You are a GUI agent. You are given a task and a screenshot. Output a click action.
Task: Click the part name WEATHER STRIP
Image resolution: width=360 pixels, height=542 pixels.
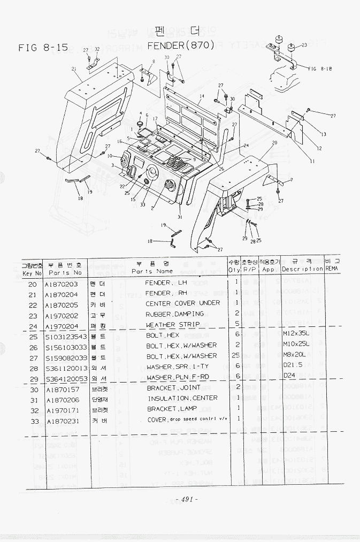click(173, 325)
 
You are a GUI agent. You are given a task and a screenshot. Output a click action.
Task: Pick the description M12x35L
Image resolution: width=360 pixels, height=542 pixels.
click(296, 335)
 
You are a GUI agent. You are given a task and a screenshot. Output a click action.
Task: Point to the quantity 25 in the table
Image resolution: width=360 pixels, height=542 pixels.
click(236, 356)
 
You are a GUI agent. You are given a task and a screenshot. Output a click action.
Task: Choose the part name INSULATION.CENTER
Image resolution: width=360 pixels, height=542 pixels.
click(182, 398)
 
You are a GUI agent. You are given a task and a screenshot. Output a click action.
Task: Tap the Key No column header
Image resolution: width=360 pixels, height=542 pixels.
click(32, 272)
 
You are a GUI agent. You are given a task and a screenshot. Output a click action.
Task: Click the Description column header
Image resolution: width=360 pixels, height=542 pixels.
click(302, 269)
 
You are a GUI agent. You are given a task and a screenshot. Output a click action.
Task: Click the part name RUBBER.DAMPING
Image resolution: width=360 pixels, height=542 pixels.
click(175, 314)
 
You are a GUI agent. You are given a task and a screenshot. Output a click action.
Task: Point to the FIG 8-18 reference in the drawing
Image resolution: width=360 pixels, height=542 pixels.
click(321, 68)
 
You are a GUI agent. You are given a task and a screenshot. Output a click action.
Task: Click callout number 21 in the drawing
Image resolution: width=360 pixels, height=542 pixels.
click(73, 69)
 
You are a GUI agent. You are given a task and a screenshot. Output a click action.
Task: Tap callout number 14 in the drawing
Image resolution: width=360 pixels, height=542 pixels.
click(202, 97)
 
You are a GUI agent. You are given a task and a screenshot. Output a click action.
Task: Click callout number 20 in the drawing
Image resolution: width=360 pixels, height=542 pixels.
click(274, 143)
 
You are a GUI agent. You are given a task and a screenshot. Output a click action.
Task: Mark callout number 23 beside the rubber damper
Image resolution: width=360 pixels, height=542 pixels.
click(304, 45)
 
